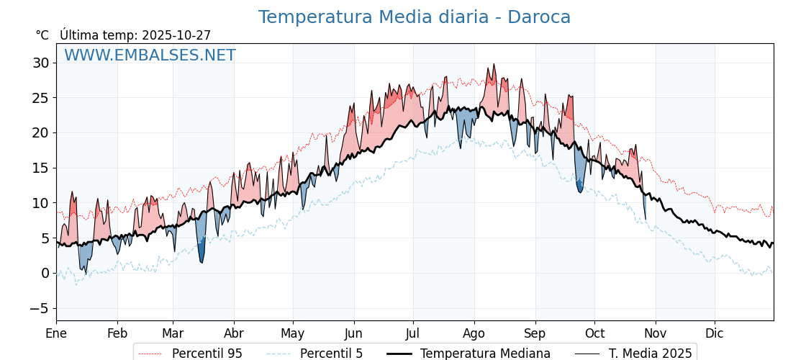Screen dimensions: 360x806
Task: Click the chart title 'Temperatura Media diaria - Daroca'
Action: tap(414, 17)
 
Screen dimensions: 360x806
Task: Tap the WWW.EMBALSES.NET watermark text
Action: tap(150, 55)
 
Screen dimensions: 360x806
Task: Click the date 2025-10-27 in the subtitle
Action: tap(176, 35)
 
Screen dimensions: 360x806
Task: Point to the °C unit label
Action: tap(42, 35)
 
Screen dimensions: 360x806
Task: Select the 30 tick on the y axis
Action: tap(40, 63)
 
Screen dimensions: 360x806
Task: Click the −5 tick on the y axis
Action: tap(37, 308)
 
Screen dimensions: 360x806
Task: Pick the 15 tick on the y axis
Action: tap(40, 168)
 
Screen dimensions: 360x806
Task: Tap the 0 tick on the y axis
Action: tap(45, 273)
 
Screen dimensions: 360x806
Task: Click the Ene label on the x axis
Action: tap(56, 333)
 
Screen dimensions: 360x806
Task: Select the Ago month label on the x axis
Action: tap(474, 333)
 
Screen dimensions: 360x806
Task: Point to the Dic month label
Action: tap(715, 333)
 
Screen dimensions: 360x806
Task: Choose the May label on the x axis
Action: tap(293, 333)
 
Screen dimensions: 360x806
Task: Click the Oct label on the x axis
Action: tap(594, 333)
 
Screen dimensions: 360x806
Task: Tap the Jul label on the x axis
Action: tap(413, 333)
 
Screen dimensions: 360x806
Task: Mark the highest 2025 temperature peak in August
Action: tap(494, 65)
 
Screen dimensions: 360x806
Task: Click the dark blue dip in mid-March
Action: tap(202, 261)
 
